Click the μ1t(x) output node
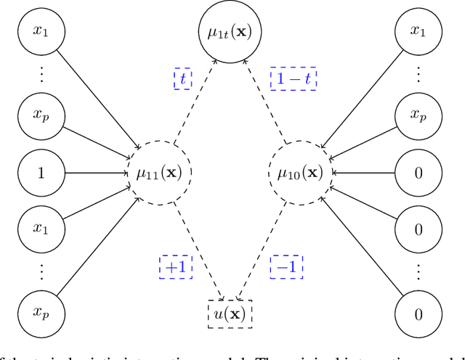click(229, 31)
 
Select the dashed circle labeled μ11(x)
click(159, 173)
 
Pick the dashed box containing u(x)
click(229, 314)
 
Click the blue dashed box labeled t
click(182, 78)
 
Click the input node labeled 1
click(41, 173)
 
